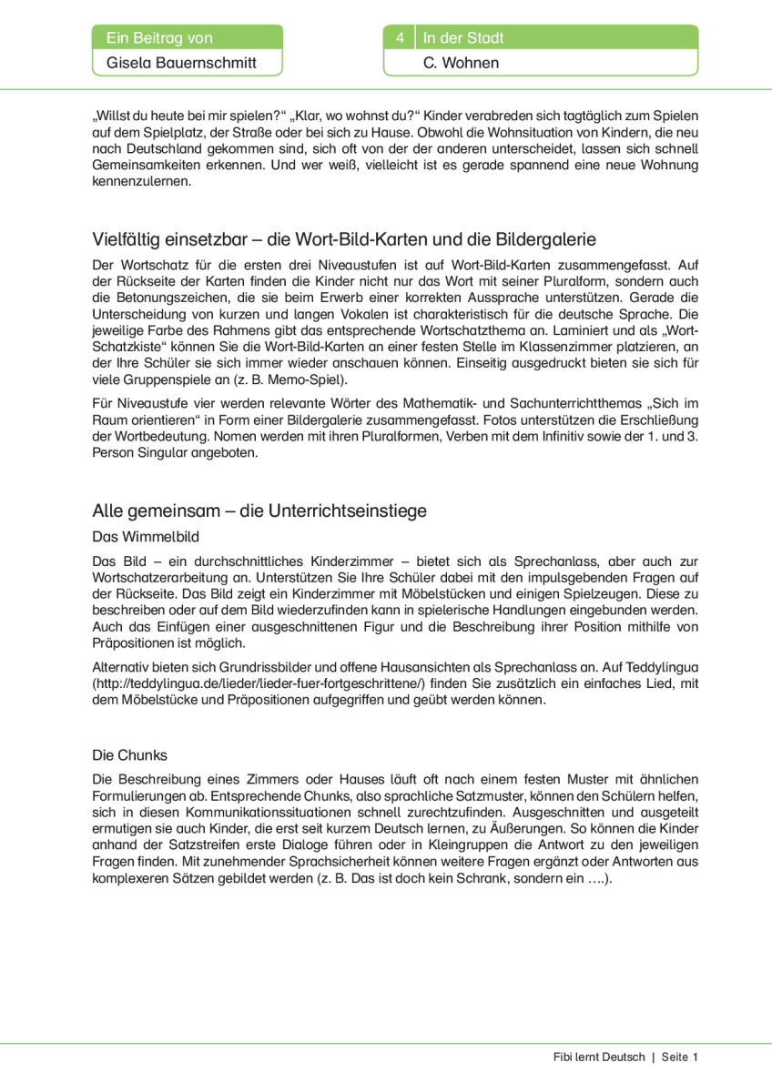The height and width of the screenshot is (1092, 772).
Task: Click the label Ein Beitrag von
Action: [x=159, y=38]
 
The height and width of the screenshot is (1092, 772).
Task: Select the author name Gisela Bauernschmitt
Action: [x=181, y=63]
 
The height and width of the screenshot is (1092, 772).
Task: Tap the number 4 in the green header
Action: [x=400, y=38]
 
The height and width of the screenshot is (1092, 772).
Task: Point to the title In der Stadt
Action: [x=463, y=38]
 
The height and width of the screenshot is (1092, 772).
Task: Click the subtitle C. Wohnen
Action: [x=462, y=63]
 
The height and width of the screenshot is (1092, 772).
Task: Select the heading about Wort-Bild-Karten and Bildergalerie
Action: [x=344, y=239]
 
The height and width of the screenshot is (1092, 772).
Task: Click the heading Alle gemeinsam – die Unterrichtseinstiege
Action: [x=259, y=511]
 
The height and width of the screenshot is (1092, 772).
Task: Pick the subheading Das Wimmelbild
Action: [x=146, y=537]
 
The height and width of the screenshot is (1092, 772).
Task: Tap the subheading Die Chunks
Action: [x=130, y=755]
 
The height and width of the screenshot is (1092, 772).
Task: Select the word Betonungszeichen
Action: [x=171, y=298]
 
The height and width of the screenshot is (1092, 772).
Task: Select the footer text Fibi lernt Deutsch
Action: [x=598, y=1057]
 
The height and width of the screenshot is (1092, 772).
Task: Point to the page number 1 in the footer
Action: [x=695, y=1057]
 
